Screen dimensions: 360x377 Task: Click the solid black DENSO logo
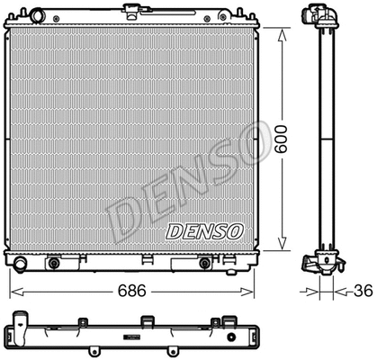click(x=205, y=231)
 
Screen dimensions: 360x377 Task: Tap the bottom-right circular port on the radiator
click(x=206, y=264)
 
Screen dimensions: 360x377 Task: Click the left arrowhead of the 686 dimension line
click(x=13, y=292)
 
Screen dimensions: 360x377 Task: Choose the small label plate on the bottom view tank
click(x=132, y=336)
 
